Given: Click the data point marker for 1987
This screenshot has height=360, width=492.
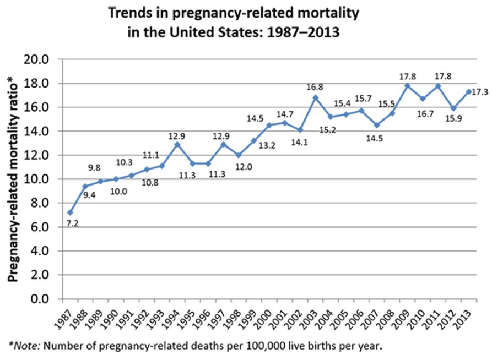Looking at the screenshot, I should click(x=69, y=212).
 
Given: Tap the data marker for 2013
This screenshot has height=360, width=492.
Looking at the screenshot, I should click(x=469, y=91).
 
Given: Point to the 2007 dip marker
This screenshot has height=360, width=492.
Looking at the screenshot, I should click(x=377, y=125).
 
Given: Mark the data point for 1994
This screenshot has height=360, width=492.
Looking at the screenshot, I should click(x=177, y=144).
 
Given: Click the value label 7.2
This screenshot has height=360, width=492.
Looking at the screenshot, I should click(x=72, y=223).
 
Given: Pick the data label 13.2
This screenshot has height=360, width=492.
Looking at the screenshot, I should click(x=268, y=145).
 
